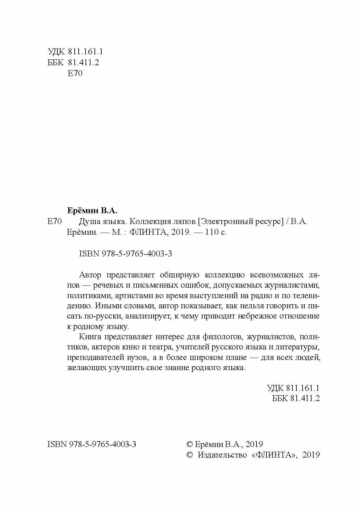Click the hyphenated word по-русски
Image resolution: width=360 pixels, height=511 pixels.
coord(96,316)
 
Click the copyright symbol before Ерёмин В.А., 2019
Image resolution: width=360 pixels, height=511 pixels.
coord(190,444)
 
